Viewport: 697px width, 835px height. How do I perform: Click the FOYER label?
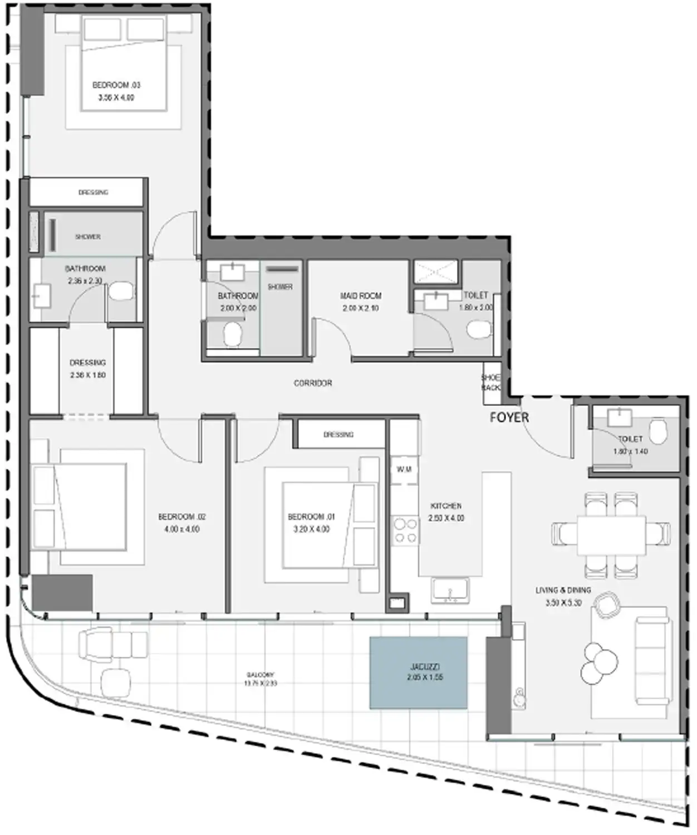(x=509, y=417)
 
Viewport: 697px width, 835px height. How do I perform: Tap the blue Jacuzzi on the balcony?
(x=418, y=672)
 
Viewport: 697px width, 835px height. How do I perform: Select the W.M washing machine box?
(x=404, y=470)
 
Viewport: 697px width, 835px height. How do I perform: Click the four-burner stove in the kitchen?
(x=405, y=531)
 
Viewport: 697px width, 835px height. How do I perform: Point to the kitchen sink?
(x=449, y=591)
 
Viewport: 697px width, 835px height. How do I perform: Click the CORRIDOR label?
(x=313, y=383)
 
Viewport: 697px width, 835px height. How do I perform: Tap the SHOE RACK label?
(x=490, y=382)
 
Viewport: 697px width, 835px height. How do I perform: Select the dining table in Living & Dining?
(x=611, y=534)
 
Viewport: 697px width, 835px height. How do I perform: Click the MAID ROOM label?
(x=361, y=296)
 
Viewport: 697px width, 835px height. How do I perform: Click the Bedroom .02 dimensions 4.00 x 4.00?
(x=181, y=529)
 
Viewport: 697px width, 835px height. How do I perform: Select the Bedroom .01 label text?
(x=311, y=517)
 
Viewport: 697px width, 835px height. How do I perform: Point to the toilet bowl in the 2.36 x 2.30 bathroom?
(x=120, y=292)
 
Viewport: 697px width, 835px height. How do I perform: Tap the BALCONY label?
(x=260, y=675)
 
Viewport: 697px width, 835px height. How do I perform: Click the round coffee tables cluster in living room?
(x=600, y=662)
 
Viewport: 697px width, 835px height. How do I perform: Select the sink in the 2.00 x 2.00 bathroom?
(x=230, y=272)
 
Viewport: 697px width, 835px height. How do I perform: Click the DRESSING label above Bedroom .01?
(x=338, y=434)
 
